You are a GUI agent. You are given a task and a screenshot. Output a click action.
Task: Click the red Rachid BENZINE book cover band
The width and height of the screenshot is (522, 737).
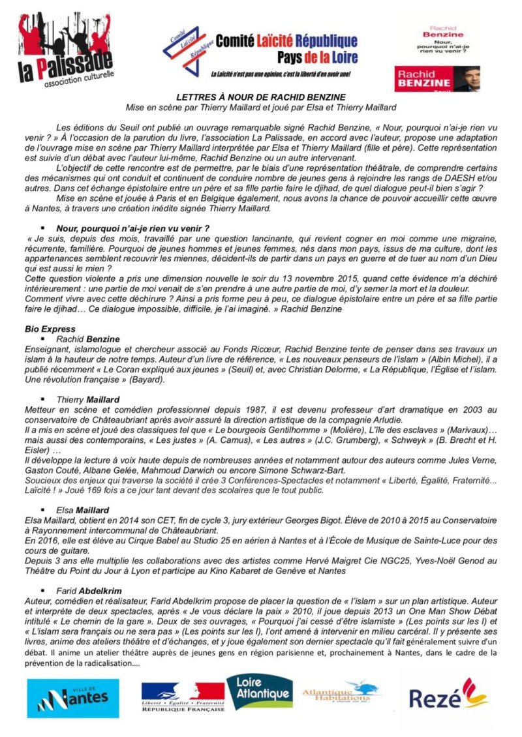437,78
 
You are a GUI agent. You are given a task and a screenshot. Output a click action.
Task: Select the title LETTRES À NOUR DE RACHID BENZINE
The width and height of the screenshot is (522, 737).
261,97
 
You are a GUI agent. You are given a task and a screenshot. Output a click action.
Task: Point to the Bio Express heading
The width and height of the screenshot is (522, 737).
50,329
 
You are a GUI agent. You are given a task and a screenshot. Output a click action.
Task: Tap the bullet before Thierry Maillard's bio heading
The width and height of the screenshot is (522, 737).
42,399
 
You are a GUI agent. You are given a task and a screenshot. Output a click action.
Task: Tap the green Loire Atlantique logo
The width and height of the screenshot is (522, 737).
259,691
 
